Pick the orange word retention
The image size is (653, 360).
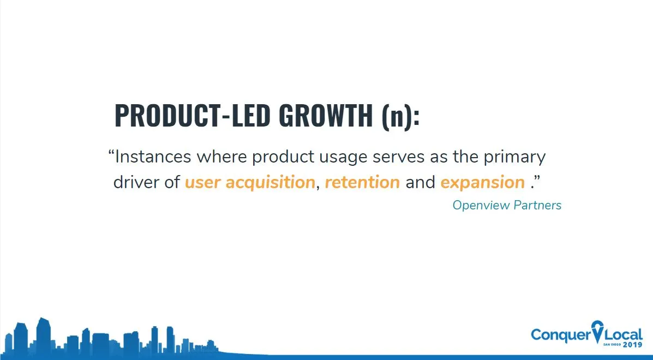click(x=362, y=182)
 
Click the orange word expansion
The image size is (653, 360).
click(x=483, y=183)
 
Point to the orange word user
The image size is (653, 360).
click(x=202, y=183)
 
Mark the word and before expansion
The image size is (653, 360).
click(x=420, y=182)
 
